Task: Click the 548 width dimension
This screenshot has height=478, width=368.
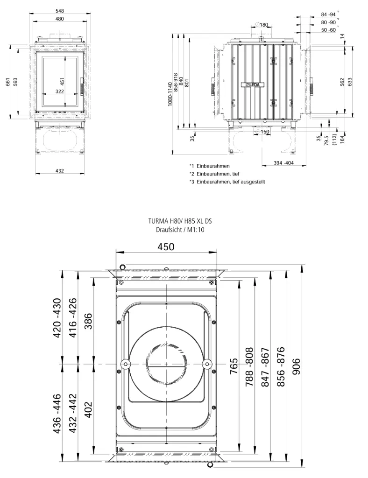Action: (x=60, y=11)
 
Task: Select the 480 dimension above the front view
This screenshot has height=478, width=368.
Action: (x=60, y=19)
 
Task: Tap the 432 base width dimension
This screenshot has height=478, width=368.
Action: (x=60, y=171)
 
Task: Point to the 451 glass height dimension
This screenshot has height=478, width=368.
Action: (x=62, y=82)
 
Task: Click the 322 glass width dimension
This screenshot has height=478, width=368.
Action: (x=60, y=91)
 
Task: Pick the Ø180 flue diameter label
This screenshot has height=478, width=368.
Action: (x=262, y=25)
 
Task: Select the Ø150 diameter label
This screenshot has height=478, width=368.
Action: (x=263, y=132)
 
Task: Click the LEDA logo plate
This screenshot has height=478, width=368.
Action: (x=253, y=85)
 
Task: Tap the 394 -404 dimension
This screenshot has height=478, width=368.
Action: (x=283, y=163)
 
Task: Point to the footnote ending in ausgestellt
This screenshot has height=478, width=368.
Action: (x=227, y=182)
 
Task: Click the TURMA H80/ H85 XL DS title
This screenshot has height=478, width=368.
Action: (x=180, y=221)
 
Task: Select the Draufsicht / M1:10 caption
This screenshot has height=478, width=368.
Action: (x=180, y=230)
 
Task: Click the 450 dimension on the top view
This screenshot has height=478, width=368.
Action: (x=166, y=246)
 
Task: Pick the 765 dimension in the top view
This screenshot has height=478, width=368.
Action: (x=234, y=367)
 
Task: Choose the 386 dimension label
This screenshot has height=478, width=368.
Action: (x=88, y=321)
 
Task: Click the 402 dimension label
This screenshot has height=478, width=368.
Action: (x=88, y=410)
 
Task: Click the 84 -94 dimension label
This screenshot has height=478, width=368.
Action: (x=328, y=14)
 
